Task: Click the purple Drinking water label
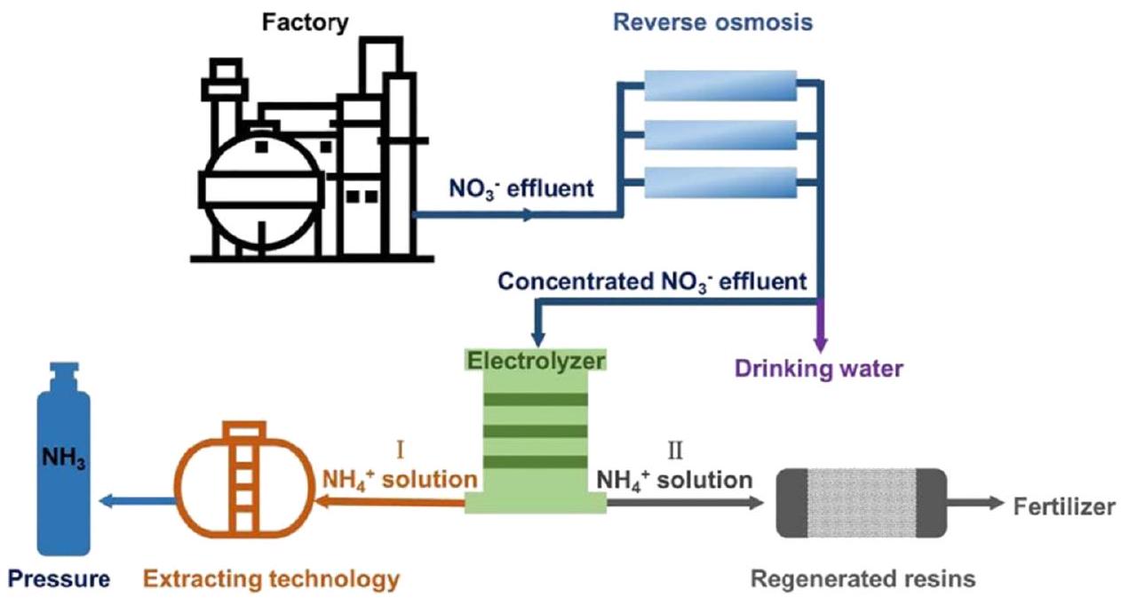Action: coord(817,368)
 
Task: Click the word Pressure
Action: coord(60,579)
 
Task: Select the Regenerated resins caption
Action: coord(863,579)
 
